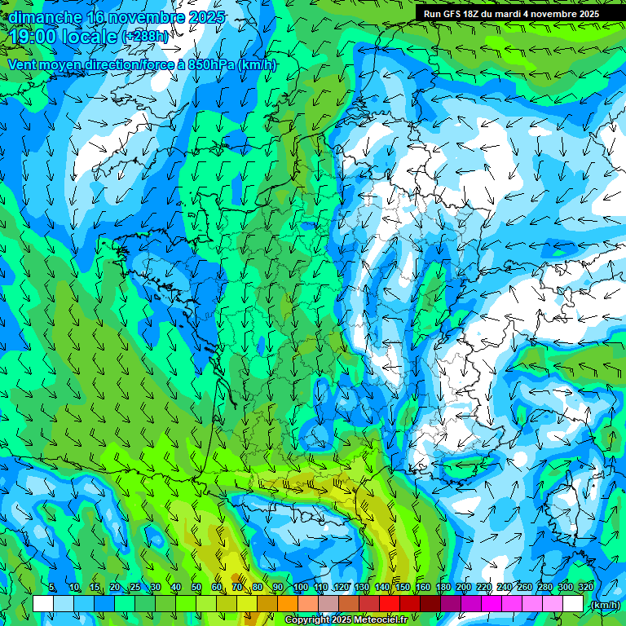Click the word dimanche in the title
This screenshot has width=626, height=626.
[x=45, y=17]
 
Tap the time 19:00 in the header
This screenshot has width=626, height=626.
[x=34, y=36]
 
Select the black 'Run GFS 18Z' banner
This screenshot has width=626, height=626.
[x=511, y=13]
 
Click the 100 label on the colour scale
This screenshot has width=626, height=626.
[x=300, y=588]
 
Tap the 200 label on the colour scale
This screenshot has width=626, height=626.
[x=463, y=588]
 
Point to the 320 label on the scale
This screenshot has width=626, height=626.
[x=584, y=588]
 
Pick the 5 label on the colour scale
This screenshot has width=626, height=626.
[x=52, y=588]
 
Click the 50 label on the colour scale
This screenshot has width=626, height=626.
[x=196, y=588]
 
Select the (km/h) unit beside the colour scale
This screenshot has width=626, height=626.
[x=605, y=605]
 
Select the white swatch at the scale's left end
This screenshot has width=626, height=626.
[x=43, y=604]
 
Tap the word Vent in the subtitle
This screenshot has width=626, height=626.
[x=22, y=64]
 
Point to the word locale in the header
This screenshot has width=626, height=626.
[x=91, y=36]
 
